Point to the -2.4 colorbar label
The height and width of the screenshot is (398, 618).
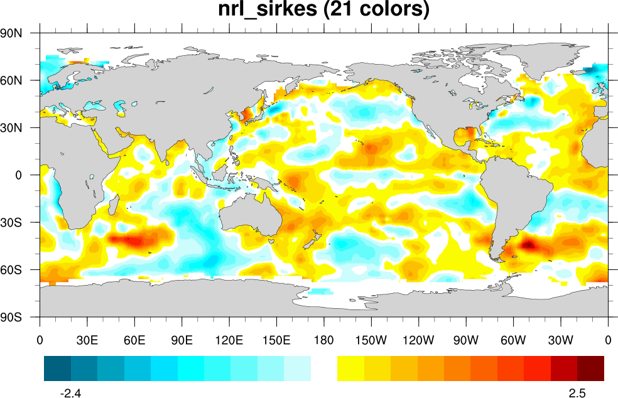pyautogui.click(x=70, y=393)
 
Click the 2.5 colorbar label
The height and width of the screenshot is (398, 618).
pyautogui.click(x=577, y=393)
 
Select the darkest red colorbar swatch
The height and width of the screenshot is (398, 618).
pyautogui.click(x=590, y=368)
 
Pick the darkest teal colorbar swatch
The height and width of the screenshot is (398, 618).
pyautogui.click(x=57, y=368)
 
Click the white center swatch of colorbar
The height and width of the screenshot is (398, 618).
pyautogui.click(x=324, y=368)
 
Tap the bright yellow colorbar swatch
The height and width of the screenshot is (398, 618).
pyautogui.click(x=350, y=368)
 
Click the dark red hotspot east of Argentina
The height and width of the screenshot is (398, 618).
pyautogui.click(x=528, y=245)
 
